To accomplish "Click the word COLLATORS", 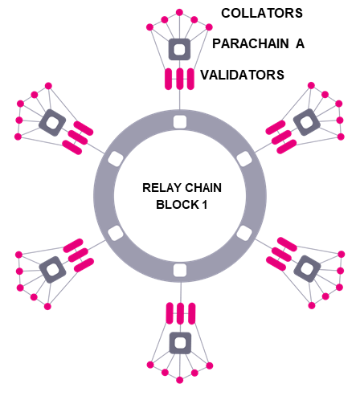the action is (x=262, y=13).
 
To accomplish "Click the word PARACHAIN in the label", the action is (x=251, y=43).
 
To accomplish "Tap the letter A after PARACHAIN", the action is (x=300, y=43).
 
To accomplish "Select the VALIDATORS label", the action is (x=242, y=75).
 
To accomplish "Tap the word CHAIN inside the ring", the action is (x=203, y=188).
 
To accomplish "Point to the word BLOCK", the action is (x=178, y=205).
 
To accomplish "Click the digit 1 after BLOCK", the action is (x=205, y=205).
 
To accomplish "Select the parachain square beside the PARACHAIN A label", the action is (x=179, y=49).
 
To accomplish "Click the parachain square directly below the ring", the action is (x=180, y=343).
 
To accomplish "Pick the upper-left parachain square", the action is (x=52, y=123).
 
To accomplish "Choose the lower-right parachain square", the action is (x=307, y=269).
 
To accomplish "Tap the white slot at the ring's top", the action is (x=180, y=122).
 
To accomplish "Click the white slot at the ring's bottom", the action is (x=180, y=270).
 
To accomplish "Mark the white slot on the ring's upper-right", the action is (x=244, y=159).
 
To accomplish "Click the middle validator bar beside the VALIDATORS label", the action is (x=179, y=79).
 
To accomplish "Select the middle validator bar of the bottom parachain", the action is (x=181, y=313).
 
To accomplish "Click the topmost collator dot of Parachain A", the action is (x=179, y=12).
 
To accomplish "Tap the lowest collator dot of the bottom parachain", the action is (x=180, y=380).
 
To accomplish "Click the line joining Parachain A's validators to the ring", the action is (x=179, y=100).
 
